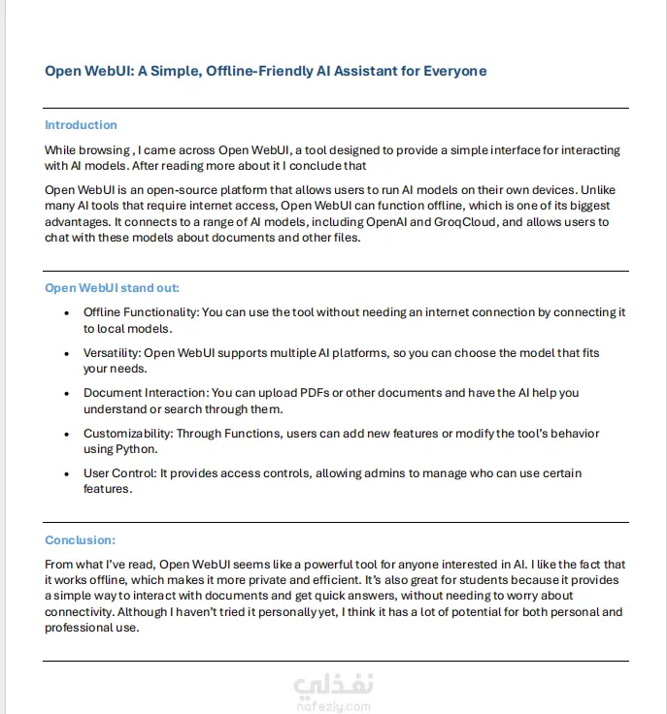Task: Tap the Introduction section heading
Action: click(x=81, y=125)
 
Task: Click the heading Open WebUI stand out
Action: click(x=112, y=288)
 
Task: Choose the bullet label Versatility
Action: click(x=112, y=353)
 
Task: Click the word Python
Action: click(x=141, y=449)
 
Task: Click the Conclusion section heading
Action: click(x=80, y=540)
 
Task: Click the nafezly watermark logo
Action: click(x=332, y=692)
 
